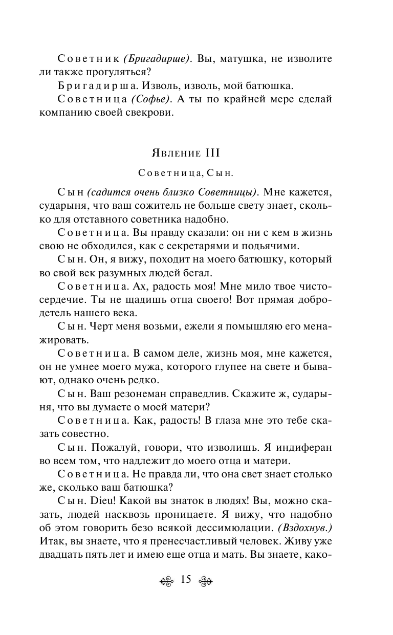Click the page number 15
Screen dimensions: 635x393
(185, 579)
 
